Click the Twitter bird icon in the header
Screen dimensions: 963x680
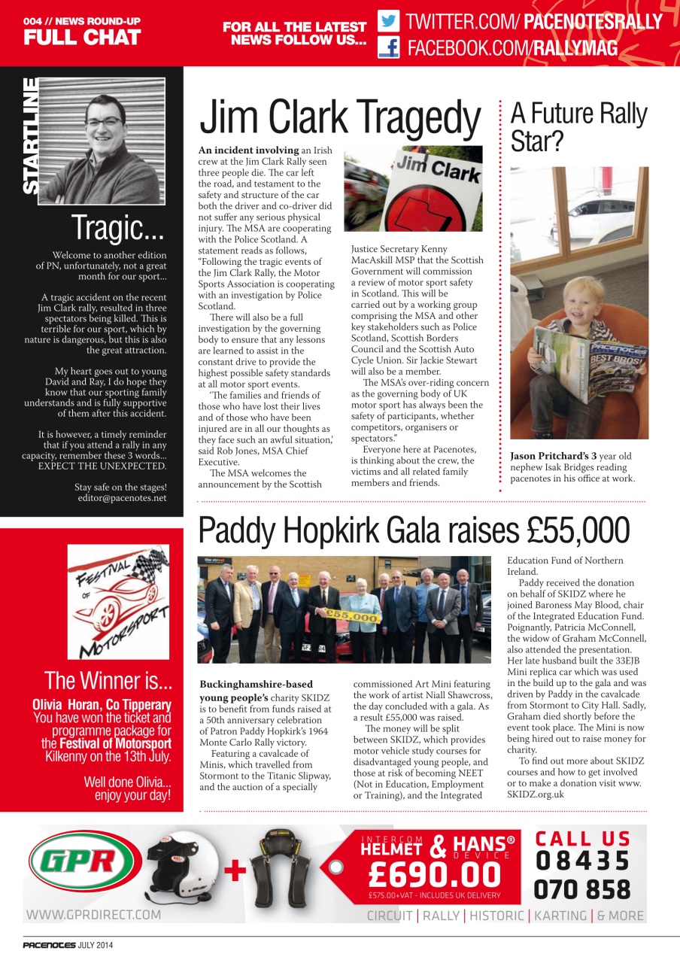tap(388, 20)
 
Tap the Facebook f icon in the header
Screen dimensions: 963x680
tap(388, 49)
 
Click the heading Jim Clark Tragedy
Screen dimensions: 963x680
tap(339, 119)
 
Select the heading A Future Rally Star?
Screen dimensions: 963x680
tap(578, 126)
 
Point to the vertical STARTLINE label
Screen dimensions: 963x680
tap(31, 135)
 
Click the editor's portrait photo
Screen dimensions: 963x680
tap(102, 141)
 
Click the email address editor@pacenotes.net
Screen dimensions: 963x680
tap(121, 498)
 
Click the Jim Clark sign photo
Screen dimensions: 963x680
tap(413, 188)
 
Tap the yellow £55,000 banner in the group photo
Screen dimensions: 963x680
tap(351, 615)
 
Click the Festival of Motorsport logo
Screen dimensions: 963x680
tap(118, 601)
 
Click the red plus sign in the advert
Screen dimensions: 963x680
tap(235, 870)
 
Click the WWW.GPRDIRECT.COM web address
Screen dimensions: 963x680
tap(93, 915)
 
